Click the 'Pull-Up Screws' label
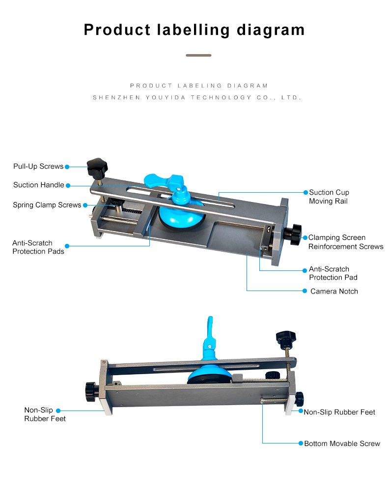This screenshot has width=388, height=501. coord(38,167)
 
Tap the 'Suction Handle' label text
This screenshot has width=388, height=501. coord(39,185)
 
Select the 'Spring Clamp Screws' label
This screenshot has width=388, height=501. coord(47,205)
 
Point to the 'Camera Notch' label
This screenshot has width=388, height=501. coord(334,291)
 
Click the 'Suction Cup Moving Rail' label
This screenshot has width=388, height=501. coord(329,197)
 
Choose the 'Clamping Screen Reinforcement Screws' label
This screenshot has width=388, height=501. coord(346,242)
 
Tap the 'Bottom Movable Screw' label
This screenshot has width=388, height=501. coord(342,443)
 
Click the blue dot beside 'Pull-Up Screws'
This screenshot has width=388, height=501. coord(67,167)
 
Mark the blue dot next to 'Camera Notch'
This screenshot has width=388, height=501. coord(305,291)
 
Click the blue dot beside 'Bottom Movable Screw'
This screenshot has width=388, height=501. coord(300,443)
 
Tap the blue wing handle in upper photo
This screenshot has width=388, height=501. coord(165,181)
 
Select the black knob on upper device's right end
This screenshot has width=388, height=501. coord(296,235)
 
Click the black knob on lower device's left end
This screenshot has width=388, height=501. coord(90,391)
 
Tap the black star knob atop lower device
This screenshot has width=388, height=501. coord(285,338)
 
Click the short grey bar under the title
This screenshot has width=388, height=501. coord(198,55)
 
